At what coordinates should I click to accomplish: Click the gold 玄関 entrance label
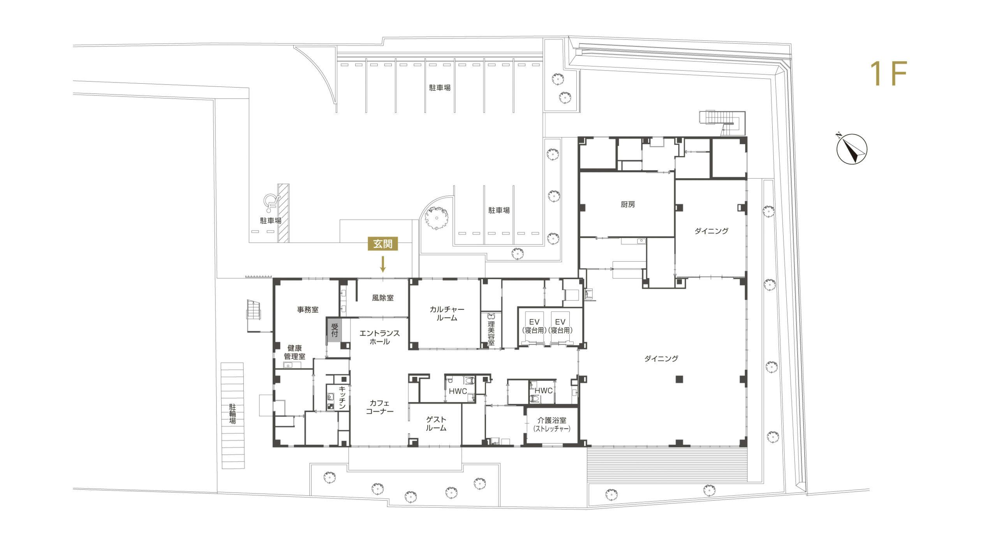pos(383,244)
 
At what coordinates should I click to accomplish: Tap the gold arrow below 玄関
pos(383,264)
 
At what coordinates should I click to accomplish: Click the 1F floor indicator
pos(889,74)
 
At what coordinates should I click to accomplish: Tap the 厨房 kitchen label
pos(628,204)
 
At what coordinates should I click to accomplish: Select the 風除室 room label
pos(382,298)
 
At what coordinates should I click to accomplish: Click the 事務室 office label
pos(308,310)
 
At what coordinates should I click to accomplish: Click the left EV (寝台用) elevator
pos(534,326)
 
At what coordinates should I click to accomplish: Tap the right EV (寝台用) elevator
pos(560,326)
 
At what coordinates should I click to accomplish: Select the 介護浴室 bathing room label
pos(552,425)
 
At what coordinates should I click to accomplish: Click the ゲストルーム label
pos(436,424)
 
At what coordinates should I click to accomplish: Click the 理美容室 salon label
pos(491,333)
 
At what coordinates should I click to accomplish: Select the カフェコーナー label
pos(380,407)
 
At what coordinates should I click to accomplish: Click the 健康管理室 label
pos(294,352)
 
